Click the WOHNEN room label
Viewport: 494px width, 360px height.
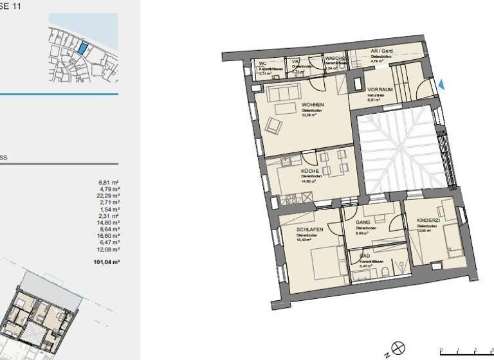[313, 105]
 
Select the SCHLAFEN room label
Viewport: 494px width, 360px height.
[309, 230]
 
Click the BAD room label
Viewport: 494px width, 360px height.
[365, 256]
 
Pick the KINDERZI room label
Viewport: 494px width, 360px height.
[428, 221]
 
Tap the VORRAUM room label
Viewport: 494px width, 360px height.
[380, 89]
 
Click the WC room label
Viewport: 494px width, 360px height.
[262, 64]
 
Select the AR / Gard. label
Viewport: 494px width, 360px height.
[381, 51]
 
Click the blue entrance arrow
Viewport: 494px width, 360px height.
[441, 84]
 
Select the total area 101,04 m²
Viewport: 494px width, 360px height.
[107, 262]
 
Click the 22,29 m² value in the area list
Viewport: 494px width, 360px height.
[107, 196]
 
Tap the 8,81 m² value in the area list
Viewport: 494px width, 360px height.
[109, 183]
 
